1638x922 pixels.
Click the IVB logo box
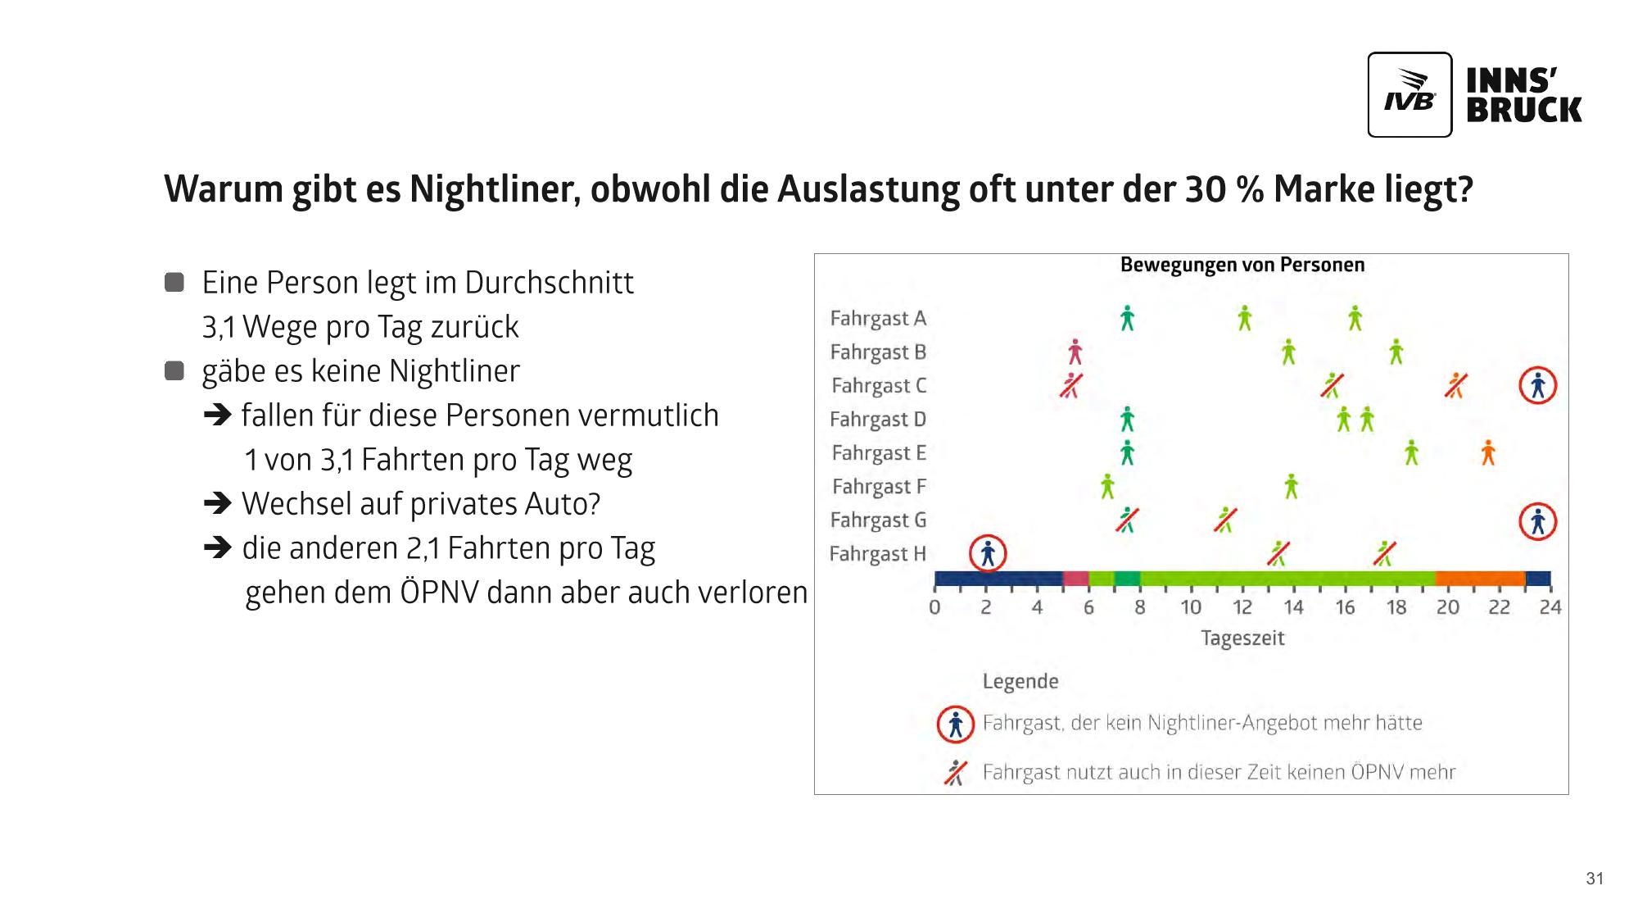point(1409,94)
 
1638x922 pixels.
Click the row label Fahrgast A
point(878,318)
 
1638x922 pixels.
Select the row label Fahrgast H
point(877,554)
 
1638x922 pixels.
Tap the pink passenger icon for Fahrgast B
point(1075,352)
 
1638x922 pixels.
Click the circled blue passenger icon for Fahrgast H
point(988,554)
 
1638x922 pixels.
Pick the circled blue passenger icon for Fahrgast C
point(1537,385)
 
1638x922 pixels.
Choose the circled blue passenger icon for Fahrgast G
point(1537,521)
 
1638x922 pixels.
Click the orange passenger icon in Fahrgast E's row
point(1488,452)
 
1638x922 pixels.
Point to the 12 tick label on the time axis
point(1242,607)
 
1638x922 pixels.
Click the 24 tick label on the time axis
point(1550,607)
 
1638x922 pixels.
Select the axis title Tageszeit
point(1242,638)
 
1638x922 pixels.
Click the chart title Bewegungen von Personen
point(1242,265)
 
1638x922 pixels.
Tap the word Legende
point(1020,682)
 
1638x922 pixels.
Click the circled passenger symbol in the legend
point(955,724)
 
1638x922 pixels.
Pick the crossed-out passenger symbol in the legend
point(955,772)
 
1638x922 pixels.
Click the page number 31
point(1595,879)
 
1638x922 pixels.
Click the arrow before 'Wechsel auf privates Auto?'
point(218,503)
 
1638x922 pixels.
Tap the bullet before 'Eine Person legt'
point(174,283)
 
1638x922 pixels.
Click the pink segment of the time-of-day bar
point(1075,579)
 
